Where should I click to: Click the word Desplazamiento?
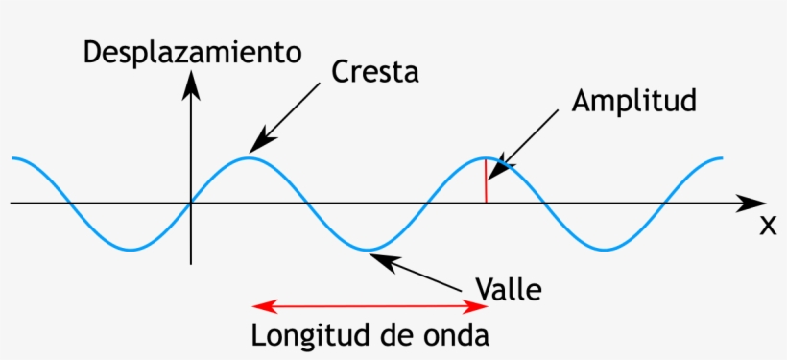click(192, 52)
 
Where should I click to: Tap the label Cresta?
click(375, 73)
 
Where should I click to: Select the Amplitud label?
click(632, 102)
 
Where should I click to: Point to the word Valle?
click(510, 288)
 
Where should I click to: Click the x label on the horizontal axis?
click(767, 227)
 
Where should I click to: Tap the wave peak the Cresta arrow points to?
click(250, 156)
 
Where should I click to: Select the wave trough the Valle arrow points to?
click(368, 251)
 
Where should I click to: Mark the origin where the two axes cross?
click(192, 204)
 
